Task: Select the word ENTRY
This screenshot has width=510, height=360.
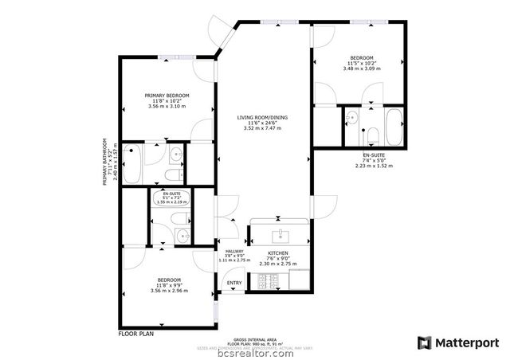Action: pyautogui.click(x=234, y=284)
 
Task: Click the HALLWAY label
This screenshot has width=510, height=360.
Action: pyautogui.click(x=233, y=251)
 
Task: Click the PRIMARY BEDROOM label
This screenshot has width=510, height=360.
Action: pyautogui.click(x=167, y=96)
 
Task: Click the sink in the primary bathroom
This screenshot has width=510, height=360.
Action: pyautogui.click(x=176, y=154)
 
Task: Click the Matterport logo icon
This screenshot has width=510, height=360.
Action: pyautogui.click(x=424, y=342)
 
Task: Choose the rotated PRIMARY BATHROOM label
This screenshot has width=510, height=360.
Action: pyautogui.click(x=105, y=162)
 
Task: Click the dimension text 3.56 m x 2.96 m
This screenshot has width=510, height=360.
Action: pyautogui.click(x=168, y=291)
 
